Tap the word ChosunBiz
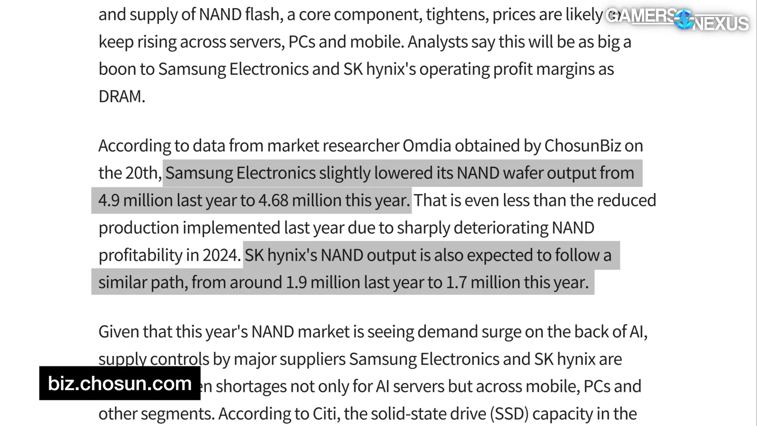[582, 146]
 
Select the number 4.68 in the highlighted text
[273, 200]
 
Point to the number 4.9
[109, 200]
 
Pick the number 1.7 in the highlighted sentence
[456, 283]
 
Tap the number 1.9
[296, 283]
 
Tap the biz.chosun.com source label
[120, 383]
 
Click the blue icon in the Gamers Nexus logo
[684, 19]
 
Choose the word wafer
[523, 173]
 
